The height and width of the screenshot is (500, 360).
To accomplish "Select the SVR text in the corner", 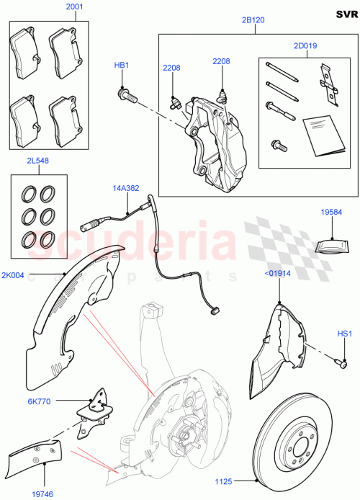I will [x=345, y=14].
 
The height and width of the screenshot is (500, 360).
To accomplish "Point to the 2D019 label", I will [x=305, y=45].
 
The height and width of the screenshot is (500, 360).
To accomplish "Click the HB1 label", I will [x=122, y=66].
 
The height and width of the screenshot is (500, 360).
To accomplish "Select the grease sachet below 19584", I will [x=332, y=244].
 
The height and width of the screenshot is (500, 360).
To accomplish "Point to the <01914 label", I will [x=279, y=274].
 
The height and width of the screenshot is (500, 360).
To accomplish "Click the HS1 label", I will [x=344, y=334].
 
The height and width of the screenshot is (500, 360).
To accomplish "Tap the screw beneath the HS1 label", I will [x=336, y=362].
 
